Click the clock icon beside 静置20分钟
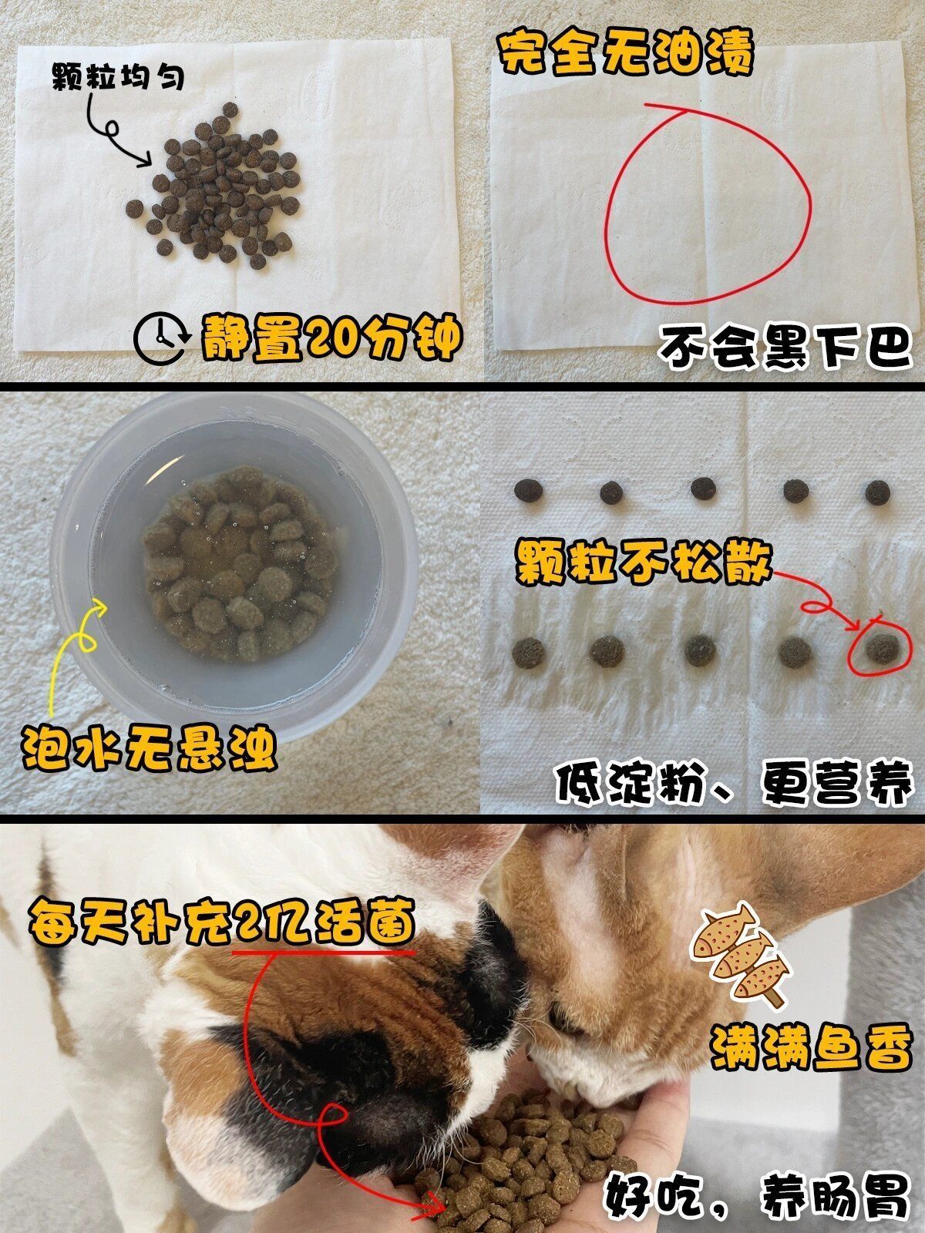(160, 340)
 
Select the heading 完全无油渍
(625, 52)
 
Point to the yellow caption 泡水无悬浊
(148, 745)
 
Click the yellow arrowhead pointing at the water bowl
(98, 609)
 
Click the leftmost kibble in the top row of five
(529, 490)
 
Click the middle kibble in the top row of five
(703, 488)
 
